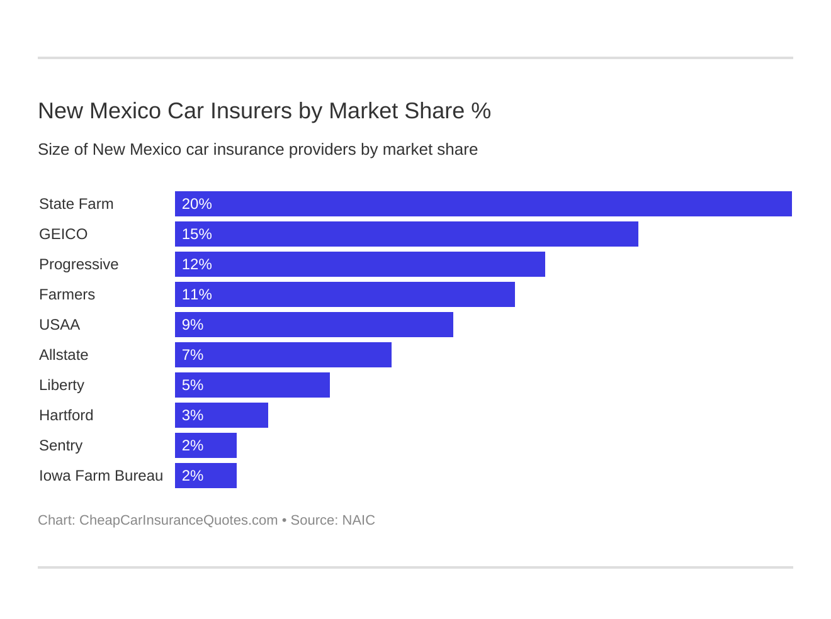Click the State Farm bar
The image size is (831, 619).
tap(483, 204)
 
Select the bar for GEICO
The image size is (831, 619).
tap(406, 234)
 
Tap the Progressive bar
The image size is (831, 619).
tap(359, 264)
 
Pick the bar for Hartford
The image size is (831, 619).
tap(221, 415)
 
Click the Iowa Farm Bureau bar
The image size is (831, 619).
tap(205, 476)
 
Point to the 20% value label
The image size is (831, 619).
tap(196, 204)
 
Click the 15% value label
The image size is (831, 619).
tap(196, 234)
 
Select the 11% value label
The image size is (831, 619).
tap(196, 294)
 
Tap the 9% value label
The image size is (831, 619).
tap(192, 325)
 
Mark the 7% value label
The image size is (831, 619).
tap(192, 355)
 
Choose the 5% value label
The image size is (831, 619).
tap(192, 385)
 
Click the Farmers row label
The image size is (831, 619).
tap(67, 294)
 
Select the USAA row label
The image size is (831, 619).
tap(59, 325)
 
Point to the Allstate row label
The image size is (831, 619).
tap(64, 355)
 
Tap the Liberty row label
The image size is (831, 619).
tap(61, 385)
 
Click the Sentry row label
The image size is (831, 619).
tap(60, 445)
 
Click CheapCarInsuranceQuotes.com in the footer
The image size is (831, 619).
tap(178, 520)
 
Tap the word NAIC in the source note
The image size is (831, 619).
tap(358, 520)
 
